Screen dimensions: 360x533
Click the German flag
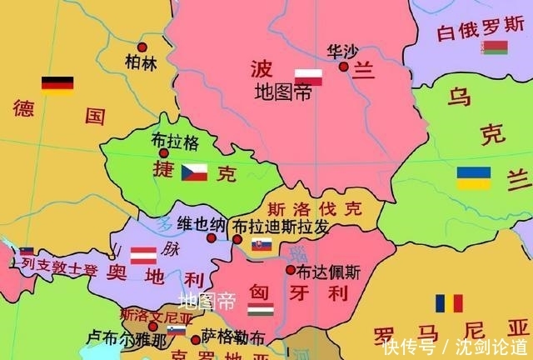point(57,84)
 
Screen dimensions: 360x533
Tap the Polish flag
point(308,77)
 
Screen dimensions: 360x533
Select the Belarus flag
point(495,47)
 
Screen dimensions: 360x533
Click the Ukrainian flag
point(473,177)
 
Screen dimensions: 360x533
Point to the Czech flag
point(195,172)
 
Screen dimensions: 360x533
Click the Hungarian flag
point(261,309)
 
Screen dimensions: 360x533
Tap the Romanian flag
point(448,303)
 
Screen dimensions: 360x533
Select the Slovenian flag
point(177,331)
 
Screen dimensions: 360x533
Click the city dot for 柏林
point(142,47)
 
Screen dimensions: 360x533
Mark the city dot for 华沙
point(343,66)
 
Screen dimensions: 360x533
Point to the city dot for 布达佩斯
point(290,270)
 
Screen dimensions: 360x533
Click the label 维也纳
point(201,223)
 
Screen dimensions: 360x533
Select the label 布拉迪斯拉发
point(280,226)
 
